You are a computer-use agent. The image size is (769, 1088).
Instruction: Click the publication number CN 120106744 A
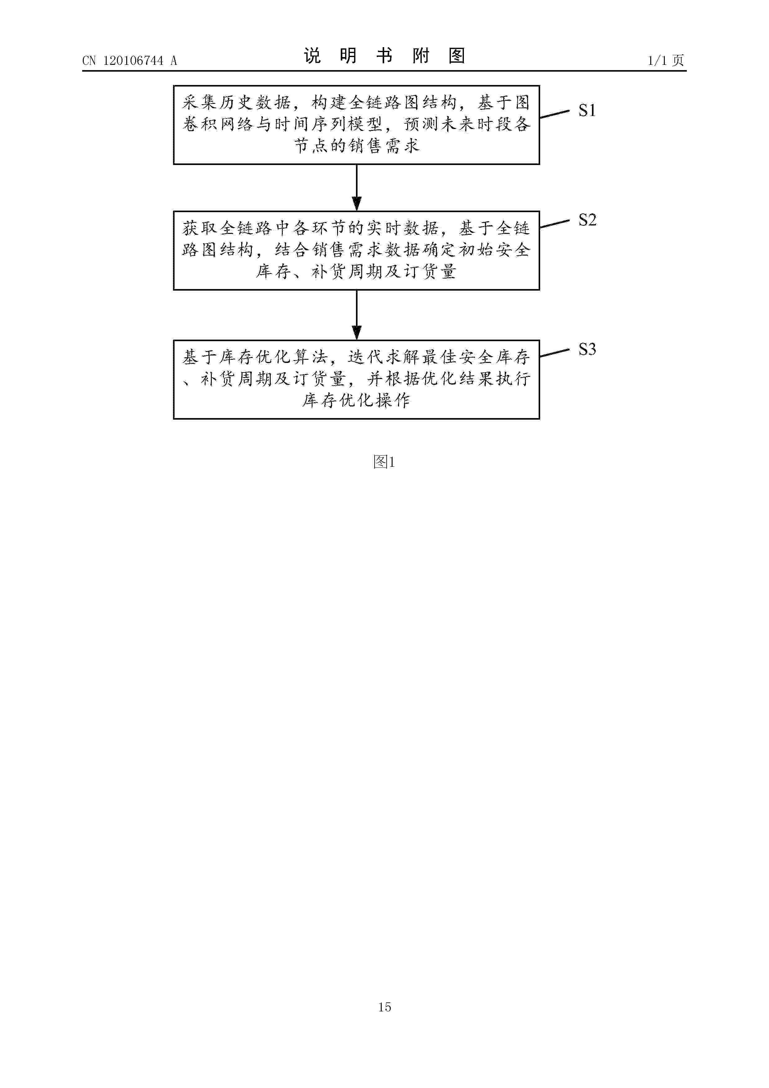pos(129,61)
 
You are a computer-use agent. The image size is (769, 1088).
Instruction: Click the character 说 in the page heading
pos(312,56)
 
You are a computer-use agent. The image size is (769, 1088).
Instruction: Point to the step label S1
pos(587,110)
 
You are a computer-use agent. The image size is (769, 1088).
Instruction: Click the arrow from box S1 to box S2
pos(357,188)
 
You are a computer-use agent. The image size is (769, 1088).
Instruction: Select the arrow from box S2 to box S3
pos(357,315)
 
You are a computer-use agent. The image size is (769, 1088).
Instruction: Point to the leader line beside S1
pos(554,114)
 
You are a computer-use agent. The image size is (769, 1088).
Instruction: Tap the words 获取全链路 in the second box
pos(227,228)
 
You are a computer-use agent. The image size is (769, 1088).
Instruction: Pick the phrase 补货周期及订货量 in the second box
pos(384,271)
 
